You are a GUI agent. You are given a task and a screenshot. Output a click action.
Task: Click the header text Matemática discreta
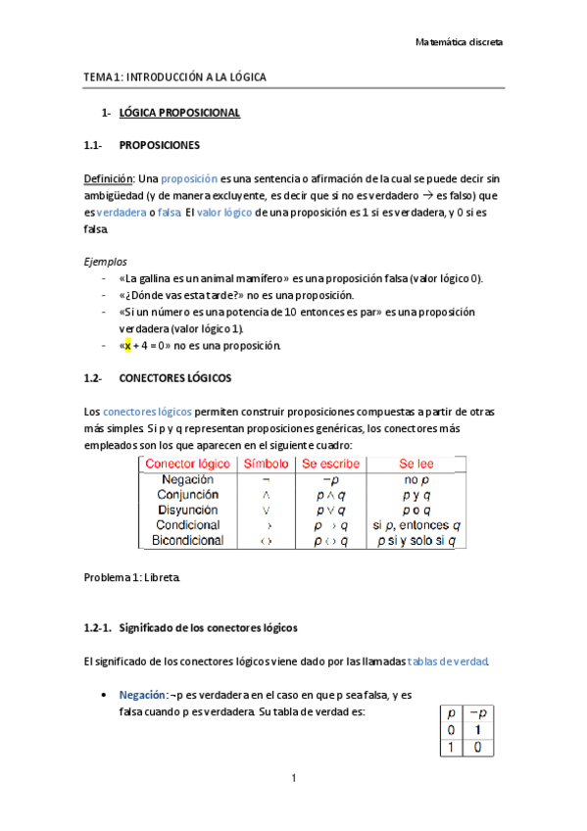tap(460, 43)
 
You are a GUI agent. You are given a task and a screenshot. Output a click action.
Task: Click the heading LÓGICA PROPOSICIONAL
tap(179, 114)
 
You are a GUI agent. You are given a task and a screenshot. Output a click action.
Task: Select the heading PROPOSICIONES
tap(159, 145)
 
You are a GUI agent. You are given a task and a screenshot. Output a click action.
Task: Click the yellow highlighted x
tap(127, 345)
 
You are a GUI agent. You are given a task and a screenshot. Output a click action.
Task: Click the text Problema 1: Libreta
tap(132, 577)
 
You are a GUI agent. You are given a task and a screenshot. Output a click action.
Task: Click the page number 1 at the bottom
tap(293, 779)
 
